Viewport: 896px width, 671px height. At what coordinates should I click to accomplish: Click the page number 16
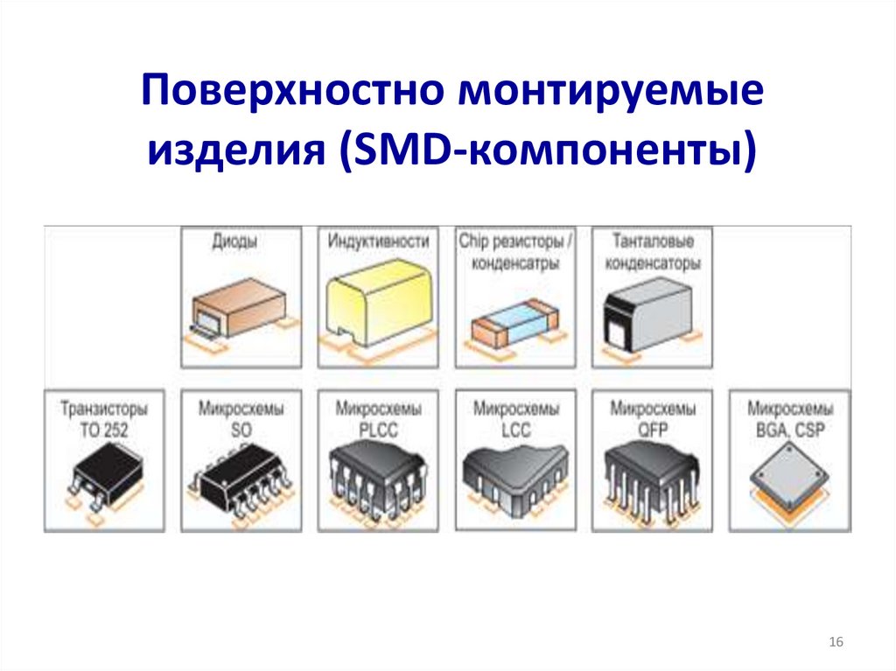click(836, 643)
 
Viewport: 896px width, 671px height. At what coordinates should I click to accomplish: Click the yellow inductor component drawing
click(377, 307)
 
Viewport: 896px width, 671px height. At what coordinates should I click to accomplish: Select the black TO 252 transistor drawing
click(103, 477)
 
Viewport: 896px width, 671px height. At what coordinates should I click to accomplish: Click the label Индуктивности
click(378, 241)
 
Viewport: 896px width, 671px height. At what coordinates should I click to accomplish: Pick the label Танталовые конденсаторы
click(653, 252)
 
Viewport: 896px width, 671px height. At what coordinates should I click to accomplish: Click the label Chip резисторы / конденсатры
click(515, 252)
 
